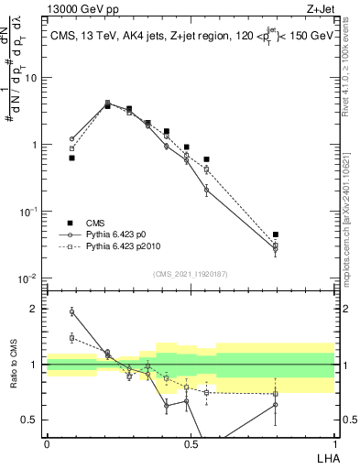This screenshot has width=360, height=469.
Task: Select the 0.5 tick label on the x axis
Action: [x=191, y=443]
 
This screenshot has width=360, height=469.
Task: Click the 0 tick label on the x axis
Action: [x=47, y=443]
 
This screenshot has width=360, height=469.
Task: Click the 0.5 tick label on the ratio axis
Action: [x=31, y=420]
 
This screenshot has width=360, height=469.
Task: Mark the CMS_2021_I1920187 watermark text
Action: [x=190, y=273]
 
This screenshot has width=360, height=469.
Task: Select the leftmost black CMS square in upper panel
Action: [x=71, y=158]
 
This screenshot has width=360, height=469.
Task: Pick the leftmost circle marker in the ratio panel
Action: [x=71, y=311]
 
